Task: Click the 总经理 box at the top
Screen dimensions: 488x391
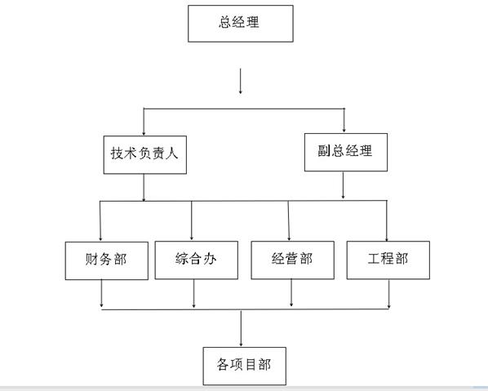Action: (241, 24)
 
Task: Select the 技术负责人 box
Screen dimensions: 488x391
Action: (145, 155)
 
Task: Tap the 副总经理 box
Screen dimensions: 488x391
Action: (346, 152)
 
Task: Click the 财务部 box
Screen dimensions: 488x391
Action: (107, 260)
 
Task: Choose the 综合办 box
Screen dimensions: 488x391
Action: (197, 260)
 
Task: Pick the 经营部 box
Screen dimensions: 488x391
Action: (292, 260)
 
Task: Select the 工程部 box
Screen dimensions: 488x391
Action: (388, 260)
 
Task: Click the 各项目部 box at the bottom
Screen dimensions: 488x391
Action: (245, 366)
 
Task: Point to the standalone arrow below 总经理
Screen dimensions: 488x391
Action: (240, 82)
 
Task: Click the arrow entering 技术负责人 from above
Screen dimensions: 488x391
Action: (144, 122)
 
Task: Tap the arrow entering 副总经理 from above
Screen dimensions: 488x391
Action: (344, 120)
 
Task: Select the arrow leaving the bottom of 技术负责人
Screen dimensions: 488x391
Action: (144, 188)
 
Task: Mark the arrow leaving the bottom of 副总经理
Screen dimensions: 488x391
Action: (344, 185)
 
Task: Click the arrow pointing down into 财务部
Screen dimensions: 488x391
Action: (100, 221)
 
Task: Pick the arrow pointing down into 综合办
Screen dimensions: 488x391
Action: (192, 220)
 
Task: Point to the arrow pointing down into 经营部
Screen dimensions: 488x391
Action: (289, 220)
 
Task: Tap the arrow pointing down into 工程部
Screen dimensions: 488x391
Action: (387, 220)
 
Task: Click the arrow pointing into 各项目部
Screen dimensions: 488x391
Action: (241, 328)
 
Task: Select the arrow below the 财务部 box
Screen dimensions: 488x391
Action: (101, 294)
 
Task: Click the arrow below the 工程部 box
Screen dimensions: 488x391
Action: (388, 294)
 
